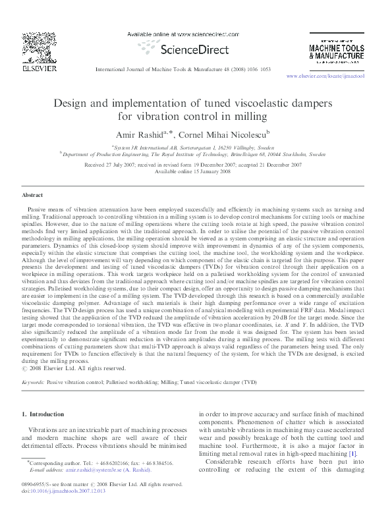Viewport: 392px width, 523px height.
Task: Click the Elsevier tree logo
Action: tap(32, 45)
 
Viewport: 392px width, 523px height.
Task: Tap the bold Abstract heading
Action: tap(32, 196)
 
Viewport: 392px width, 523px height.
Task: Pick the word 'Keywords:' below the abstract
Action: tap(34, 381)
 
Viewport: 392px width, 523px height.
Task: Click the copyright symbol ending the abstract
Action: tap(24, 369)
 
